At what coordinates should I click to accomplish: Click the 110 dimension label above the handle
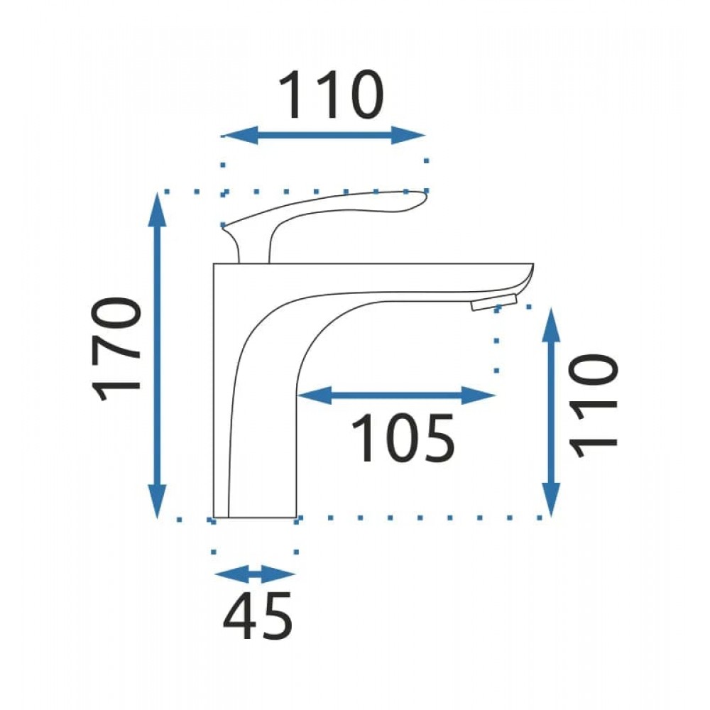click(331, 94)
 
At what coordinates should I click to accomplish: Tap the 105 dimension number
click(403, 438)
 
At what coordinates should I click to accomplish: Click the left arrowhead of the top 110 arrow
click(241, 135)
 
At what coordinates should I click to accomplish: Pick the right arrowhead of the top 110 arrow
click(408, 135)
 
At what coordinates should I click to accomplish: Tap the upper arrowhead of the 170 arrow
click(157, 209)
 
